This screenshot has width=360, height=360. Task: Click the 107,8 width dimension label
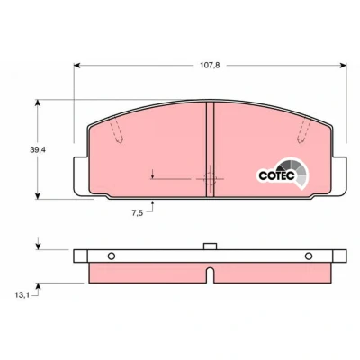210,66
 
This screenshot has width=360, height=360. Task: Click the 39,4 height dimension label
38,150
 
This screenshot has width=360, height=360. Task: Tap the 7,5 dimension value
137,213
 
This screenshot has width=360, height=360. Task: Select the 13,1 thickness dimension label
22,295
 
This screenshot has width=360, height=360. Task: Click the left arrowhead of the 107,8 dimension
77,66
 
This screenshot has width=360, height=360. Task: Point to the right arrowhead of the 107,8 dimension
344,66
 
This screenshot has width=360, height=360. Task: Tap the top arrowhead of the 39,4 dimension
38,103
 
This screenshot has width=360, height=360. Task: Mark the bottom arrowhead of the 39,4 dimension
38,195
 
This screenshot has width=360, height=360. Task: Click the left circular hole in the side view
112,256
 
